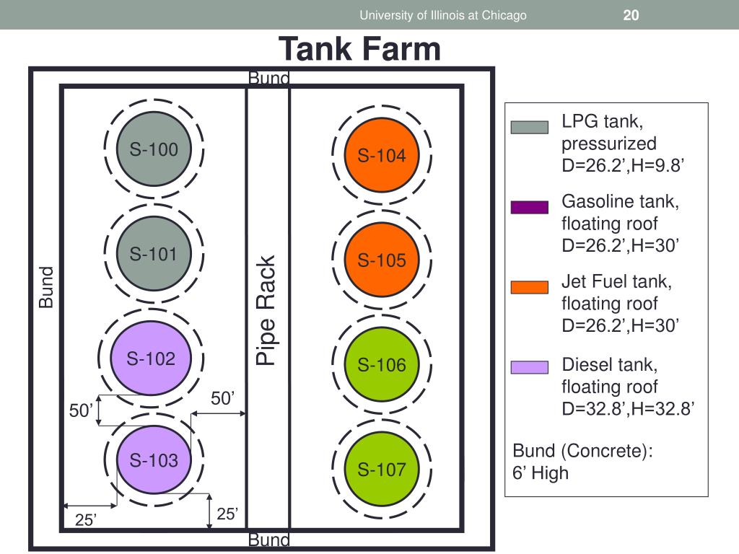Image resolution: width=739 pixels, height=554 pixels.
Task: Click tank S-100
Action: [153, 150]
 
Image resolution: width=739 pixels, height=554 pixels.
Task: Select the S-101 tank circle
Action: [153, 254]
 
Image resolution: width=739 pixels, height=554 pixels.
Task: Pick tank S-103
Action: [153, 460]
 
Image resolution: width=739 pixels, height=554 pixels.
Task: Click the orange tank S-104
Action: [382, 155]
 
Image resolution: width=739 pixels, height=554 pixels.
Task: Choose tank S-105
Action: [382, 260]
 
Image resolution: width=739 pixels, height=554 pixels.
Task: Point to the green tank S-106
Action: [382, 365]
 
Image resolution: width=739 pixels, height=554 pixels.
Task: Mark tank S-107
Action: [382, 469]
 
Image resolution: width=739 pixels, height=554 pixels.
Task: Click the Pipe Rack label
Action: [266, 310]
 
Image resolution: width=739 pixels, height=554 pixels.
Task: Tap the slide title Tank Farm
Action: [359, 49]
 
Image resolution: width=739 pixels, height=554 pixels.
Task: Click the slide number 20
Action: [631, 15]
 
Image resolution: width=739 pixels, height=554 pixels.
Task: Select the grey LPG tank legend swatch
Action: [530, 128]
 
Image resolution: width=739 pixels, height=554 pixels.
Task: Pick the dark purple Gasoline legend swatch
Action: [530, 208]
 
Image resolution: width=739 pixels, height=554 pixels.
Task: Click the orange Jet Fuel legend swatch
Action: [530, 288]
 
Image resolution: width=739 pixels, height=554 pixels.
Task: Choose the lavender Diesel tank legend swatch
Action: [530, 367]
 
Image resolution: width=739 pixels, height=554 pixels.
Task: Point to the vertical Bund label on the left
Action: [46, 287]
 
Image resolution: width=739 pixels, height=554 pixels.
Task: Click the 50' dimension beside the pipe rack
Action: [223, 399]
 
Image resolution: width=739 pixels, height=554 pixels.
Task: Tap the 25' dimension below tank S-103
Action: [227, 514]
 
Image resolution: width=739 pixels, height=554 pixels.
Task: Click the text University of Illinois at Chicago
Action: [443, 15]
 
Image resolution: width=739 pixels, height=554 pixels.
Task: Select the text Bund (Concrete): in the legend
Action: [582, 452]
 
